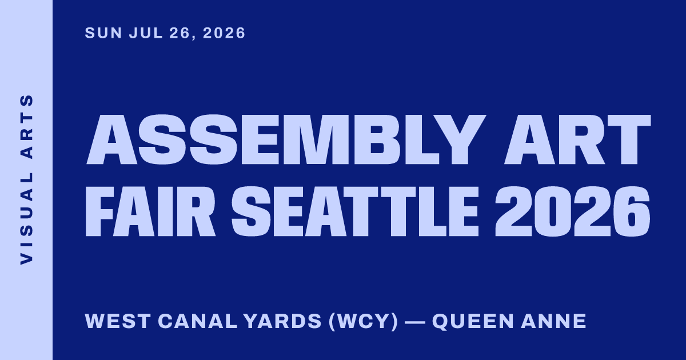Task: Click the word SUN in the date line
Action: point(103,33)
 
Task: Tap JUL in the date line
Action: point(146,33)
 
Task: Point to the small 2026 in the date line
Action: point(224,33)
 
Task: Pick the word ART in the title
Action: point(577,139)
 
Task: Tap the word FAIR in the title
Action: point(150,211)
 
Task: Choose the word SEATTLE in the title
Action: point(354,211)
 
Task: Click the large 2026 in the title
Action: point(572,211)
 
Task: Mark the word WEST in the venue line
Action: point(118,321)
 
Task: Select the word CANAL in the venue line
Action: point(198,321)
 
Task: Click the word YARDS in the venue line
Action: point(282,321)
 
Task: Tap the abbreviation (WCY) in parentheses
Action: point(364,321)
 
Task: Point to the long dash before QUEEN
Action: point(415,322)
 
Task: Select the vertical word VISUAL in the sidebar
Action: point(26,218)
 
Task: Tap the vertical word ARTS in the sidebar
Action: point(26,127)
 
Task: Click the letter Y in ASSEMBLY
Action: point(461,139)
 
